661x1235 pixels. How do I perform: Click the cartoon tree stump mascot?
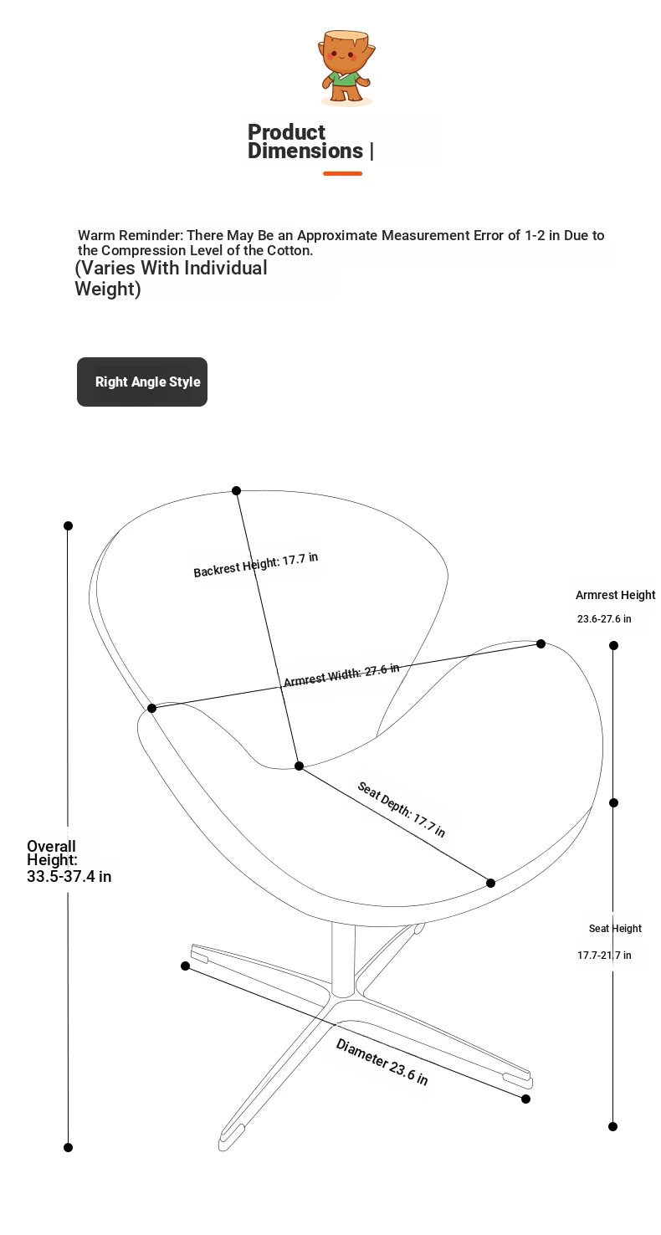[346, 67]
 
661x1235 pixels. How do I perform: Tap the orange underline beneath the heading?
[342, 174]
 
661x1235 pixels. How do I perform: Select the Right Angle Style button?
[142, 382]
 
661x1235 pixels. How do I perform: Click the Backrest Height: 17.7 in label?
[256, 565]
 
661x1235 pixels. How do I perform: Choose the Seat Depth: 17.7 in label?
[402, 809]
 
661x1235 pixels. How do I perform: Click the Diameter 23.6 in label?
[382, 1061]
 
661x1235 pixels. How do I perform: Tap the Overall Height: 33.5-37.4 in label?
[69, 861]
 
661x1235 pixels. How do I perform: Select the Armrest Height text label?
[615, 595]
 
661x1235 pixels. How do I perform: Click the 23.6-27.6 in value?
[604, 618]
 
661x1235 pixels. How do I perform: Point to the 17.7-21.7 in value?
[604, 955]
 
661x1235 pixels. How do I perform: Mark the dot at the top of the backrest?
[237, 490]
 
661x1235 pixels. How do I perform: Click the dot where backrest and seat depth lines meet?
[300, 766]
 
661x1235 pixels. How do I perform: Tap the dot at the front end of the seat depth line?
[490, 883]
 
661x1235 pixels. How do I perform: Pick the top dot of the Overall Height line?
[69, 526]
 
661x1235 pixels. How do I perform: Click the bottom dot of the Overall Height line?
[69, 1147]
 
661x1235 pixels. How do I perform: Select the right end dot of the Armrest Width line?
[541, 644]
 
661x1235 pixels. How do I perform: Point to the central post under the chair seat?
[343, 961]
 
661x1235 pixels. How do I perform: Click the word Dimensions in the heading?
[305, 151]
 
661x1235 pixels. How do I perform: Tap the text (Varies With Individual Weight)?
[171, 278]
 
